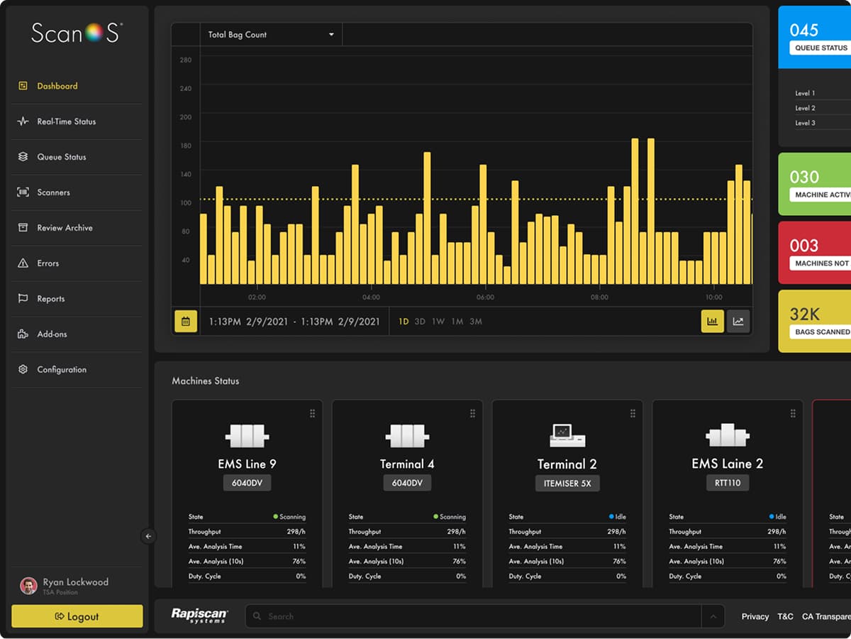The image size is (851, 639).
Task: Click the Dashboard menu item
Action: pos(57,86)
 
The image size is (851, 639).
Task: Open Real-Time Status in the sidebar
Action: pos(66,121)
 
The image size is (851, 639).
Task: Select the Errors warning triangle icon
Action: pos(23,263)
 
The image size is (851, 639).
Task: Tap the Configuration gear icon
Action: pos(23,370)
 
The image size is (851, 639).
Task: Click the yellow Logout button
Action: pos(77,616)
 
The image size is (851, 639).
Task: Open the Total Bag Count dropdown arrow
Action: pos(331,35)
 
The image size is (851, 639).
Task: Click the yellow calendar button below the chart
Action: pos(186,321)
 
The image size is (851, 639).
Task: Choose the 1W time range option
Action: pos(438,322)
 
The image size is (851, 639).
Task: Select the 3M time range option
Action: pos(475,322)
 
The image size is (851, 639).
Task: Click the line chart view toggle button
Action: pos(738,321)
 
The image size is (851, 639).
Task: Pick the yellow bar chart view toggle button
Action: pos(712,321)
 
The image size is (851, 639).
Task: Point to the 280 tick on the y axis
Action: pos(185,60)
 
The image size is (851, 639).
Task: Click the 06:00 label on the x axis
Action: pos(485,297)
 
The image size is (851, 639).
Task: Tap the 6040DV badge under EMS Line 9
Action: pos(247,483)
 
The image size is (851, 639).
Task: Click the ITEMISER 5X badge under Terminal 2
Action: pos(567,483)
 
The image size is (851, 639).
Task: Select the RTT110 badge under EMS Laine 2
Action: pos(727,483)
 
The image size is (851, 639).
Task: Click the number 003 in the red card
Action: pos(804,246)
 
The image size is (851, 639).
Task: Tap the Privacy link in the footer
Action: pos(755,616)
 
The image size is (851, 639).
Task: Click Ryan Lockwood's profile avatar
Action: pos(28,586)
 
